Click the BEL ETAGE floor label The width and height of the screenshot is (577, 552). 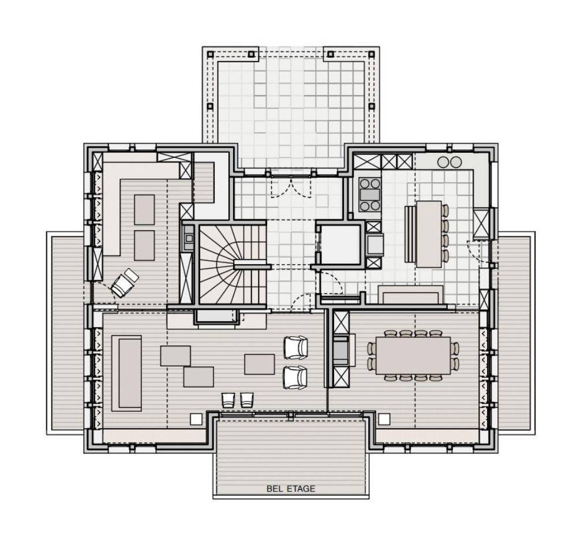pos(291,489)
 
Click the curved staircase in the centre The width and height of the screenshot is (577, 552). pos(233,264)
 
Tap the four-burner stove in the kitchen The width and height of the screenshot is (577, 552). pos(370,194)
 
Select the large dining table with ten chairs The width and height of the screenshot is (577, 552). pos(413,355)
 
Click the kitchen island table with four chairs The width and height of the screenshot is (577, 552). pos(429,234)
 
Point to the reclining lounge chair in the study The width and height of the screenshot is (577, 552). pos(125,282)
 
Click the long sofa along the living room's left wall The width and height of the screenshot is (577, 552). pos(126,373)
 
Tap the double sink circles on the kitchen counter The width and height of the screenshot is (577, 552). pos(449,162)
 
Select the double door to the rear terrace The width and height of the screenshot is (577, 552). pos(291,187)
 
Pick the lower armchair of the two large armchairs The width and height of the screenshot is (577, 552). pos(295,377)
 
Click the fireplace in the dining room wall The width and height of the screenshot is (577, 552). pos(342,350)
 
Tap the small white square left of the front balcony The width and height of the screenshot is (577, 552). pos(196,419)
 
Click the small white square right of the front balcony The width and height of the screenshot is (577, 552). pos(384,419)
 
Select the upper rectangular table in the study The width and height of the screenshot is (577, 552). pos(144,209)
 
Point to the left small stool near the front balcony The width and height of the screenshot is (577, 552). pos(228,400)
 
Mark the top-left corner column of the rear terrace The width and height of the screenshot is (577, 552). pos(211,54)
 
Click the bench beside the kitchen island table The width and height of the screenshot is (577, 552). pos(409,234)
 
